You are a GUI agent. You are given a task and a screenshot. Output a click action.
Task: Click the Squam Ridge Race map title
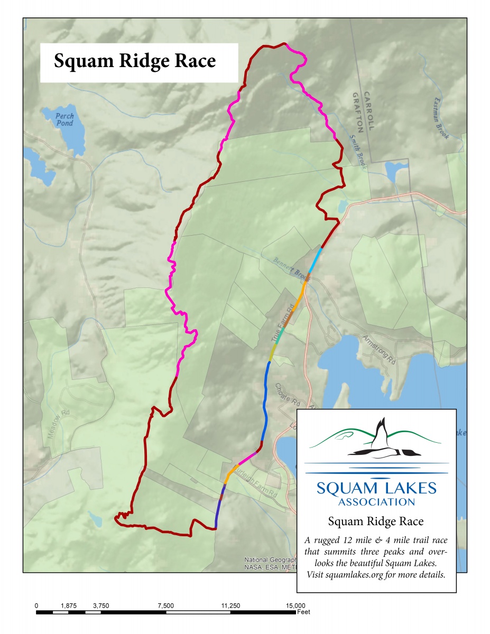pos(135,61)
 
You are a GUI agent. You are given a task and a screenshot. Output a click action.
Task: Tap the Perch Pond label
pos(66,119)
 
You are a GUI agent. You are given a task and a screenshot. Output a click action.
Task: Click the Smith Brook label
pos(357,151)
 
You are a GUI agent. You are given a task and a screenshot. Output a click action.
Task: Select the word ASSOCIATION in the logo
pos(376,501)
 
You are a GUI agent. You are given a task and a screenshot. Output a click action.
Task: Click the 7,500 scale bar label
pos(165,605)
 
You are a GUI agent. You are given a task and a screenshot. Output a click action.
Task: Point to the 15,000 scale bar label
pos(295,605)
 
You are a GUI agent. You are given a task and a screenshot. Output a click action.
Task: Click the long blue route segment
pos(264,402)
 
